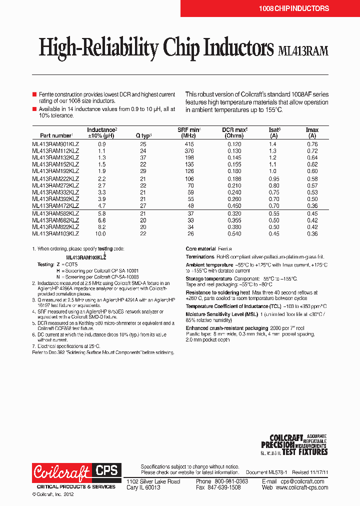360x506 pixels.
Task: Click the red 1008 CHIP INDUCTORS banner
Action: tap(293, 8)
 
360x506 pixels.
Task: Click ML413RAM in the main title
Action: tap(302, 50)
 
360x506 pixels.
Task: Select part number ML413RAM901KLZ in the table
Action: tap(55, 144)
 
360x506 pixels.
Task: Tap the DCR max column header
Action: tap(234, 132)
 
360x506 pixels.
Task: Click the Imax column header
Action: tap(312, 132)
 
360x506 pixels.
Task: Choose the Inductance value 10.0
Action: tap(101, 233)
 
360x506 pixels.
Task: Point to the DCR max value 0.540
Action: tap(234, 233)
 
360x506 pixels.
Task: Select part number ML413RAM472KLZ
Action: tap(55, 205)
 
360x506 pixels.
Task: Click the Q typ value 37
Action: tap(143, 157)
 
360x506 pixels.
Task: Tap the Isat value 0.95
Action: tap(273, 178)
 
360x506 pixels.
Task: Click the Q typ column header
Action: tap(143, 135)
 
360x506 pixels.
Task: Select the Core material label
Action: tap(200, 249)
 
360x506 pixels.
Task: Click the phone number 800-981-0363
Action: tap(229, 481)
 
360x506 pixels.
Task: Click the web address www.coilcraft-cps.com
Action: tap(301, 487)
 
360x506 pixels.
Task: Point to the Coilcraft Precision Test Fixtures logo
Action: tap(294, 444)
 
